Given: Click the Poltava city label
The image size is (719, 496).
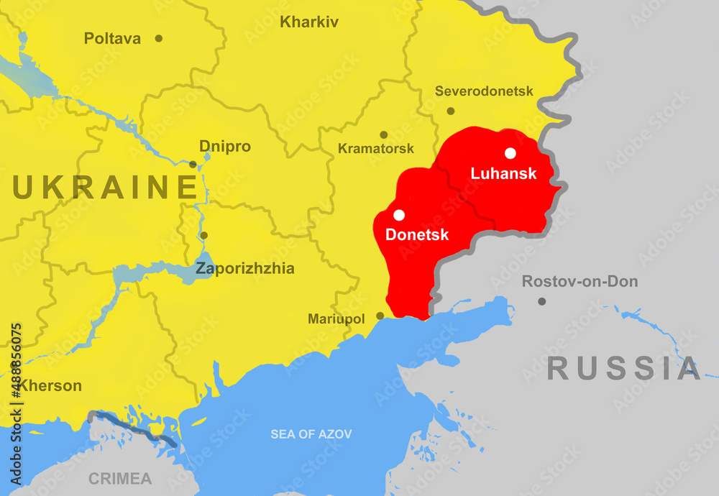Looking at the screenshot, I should point(112,39).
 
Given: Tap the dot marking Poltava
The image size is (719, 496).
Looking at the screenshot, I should point(159,38).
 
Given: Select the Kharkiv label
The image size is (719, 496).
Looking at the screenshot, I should point(309,22).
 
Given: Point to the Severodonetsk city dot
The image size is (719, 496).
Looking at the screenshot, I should point(451,111).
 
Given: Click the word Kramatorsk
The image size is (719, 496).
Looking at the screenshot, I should point(376,149).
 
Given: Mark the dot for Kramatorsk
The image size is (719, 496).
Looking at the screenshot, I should point(384,134).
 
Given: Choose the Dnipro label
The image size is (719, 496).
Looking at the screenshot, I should point(225,147).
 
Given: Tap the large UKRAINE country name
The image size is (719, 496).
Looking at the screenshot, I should point(105,188).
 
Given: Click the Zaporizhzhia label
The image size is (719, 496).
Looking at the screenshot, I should point(245,269).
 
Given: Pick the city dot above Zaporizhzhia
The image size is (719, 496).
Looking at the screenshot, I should point(203,235).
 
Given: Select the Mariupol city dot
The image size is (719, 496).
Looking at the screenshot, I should point(380,316).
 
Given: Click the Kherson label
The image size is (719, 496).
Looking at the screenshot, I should point(50,386).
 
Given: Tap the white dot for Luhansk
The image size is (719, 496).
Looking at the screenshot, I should point(510,153).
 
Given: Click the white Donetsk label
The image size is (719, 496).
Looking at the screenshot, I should point(417,235).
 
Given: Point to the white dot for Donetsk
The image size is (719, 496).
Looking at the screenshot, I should point(399,215).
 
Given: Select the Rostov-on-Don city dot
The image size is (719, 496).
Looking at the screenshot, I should point(541,301).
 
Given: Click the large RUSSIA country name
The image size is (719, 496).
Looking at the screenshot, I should point(623,369).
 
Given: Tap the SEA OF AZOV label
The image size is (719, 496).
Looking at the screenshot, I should point(311,434).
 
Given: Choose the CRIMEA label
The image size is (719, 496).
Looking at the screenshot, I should point(120,479).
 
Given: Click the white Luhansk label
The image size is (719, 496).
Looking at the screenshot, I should point(503,173).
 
